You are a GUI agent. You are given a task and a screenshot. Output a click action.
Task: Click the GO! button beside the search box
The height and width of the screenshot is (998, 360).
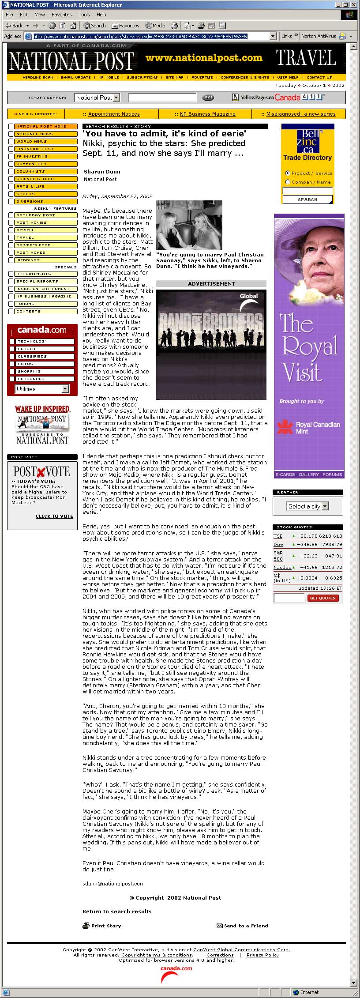(207, 98)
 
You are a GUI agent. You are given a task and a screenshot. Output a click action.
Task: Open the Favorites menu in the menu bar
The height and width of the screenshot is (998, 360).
(61, 15)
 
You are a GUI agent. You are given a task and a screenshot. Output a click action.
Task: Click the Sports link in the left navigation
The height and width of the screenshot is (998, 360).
(26, 194)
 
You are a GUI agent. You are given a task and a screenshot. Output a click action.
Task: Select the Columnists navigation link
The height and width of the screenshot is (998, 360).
(30, 171)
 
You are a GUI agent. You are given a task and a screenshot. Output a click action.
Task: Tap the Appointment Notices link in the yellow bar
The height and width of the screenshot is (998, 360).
(114, 114)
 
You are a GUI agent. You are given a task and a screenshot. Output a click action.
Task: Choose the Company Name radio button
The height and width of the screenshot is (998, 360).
(288, 182)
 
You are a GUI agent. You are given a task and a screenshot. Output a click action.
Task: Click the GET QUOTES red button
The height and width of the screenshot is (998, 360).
(323, 598)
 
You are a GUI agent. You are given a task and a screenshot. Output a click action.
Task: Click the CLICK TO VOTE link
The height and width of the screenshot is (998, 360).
(54, 516)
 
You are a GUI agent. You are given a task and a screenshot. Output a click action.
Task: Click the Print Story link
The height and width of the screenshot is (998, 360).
(106, 926)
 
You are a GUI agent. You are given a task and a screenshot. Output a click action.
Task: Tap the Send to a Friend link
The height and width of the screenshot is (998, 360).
(246, 926)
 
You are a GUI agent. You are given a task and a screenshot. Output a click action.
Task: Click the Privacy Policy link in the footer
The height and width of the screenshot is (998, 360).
(262, 955)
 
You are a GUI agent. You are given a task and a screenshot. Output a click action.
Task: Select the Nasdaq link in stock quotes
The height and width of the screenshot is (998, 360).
(282, 568)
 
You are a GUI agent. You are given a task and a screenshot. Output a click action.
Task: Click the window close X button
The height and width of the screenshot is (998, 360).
(354, 4)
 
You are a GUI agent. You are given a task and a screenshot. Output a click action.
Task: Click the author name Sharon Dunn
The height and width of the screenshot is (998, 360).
(102, 172)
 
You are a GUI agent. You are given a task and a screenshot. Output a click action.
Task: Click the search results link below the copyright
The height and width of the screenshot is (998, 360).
(131, 911)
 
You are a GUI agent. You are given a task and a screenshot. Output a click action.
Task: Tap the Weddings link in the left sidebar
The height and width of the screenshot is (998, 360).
(28, 260)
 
